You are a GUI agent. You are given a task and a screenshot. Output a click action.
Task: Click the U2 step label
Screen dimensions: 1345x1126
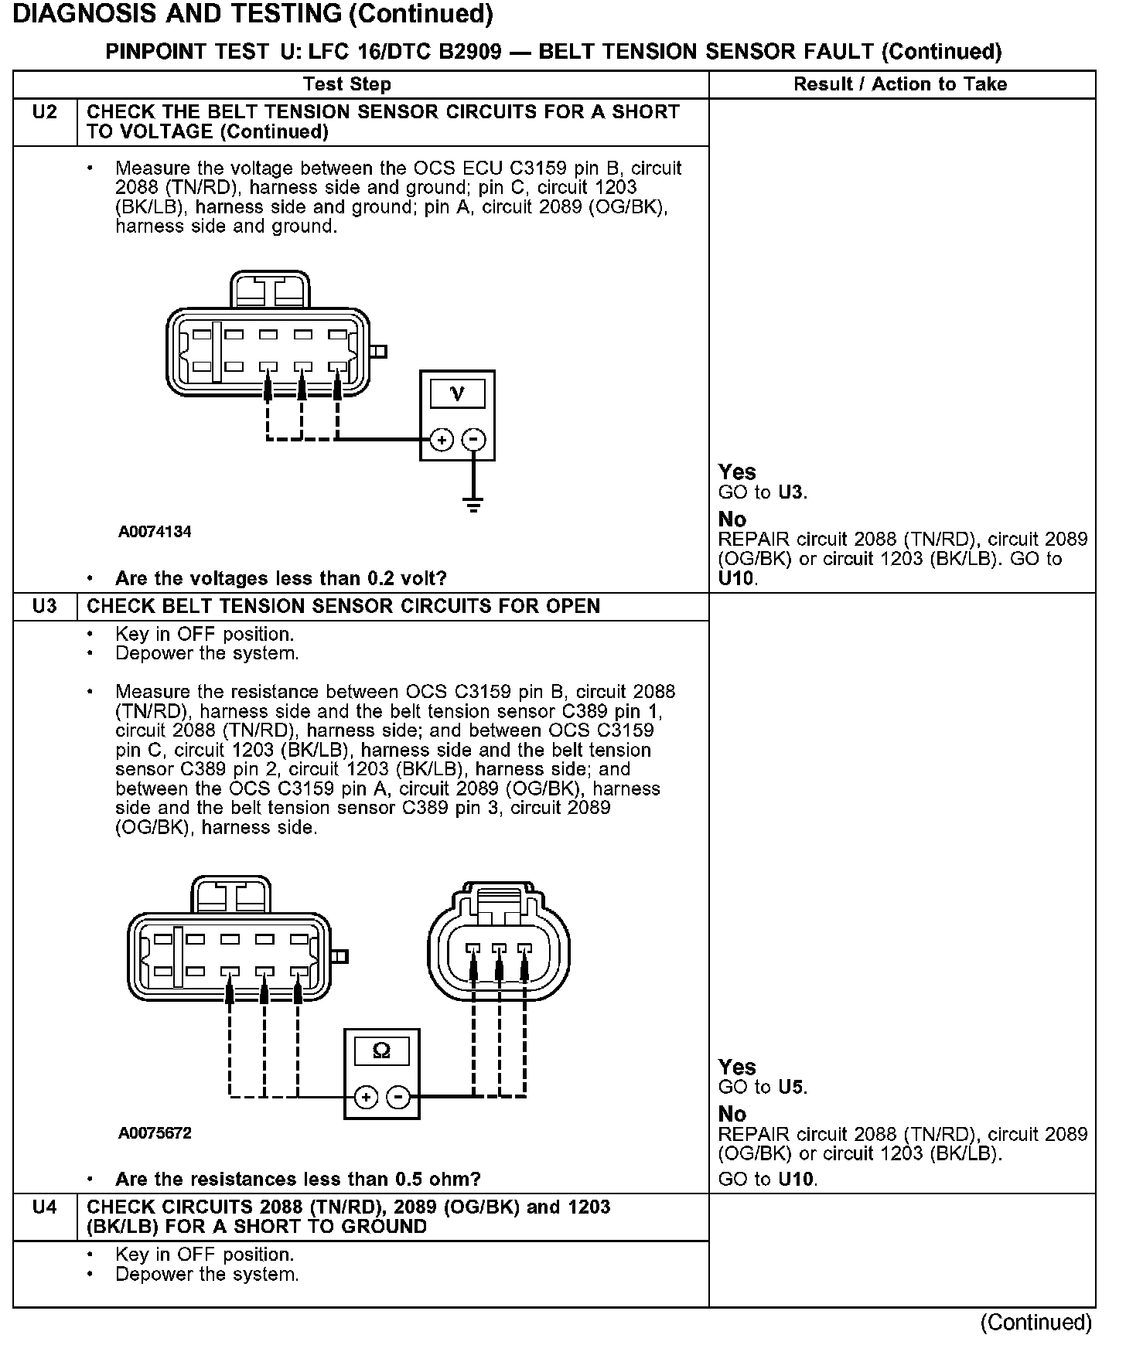pyautogui.click(x=45, y=113)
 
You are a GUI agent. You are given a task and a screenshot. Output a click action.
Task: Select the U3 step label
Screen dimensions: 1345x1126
pyautogui.click(x=45, y=606)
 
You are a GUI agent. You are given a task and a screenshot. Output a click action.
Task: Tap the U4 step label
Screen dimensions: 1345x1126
pyautogui.click(x=45, y=1207)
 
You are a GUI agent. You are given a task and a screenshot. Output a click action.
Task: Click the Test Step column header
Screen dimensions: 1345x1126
pyautogui.click(x=347, y=84)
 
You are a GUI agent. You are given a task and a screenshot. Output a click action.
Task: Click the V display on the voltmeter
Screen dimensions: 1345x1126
pyautogui.click(x=457, y=394)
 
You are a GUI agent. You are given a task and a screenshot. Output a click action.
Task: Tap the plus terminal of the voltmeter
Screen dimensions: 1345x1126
pyautogui.click(x=442, y=440)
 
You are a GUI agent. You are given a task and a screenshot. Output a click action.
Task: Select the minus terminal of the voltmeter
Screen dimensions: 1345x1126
pyautogui.click(x=473, y=440)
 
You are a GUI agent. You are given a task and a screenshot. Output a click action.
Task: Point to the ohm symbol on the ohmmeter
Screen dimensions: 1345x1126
pyautogui.click(x=381, y=1051)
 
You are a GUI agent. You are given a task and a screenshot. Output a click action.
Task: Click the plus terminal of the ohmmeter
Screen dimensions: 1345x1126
pyautogui.click(x=366, y=1097)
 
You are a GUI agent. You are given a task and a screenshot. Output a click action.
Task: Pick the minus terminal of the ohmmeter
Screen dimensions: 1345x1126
pyautogui.click(x=398, y=1097)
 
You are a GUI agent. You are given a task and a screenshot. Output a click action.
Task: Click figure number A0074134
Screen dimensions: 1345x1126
pyautogui.click(x=155, y=532)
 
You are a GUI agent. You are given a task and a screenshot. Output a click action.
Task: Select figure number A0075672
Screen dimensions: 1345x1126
pyautogui.click(x=155, y=1133)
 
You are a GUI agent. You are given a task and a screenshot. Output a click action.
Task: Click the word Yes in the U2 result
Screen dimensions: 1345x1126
pyautogui.click(x=737, y=472)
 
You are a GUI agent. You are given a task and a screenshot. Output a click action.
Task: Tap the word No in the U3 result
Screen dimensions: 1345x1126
pyautogui.click(x=732, y=1114)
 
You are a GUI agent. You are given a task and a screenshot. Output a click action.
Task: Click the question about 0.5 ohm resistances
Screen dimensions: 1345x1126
pyautogui.click(x=298, y=1179)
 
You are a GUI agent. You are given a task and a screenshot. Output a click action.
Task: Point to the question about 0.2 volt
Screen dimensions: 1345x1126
pyautogui.click(x=281, y=578)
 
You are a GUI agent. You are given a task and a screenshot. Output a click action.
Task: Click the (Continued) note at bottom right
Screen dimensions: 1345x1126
pyautogui.click(x=1036, y=1323)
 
